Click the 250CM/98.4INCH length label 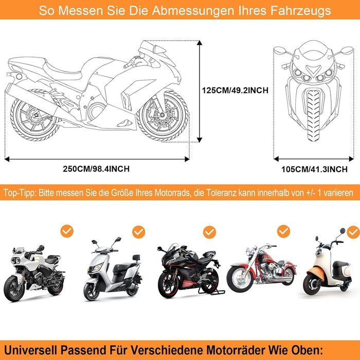tap(97, 169)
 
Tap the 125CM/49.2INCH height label tap(235, 90)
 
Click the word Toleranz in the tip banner tap(223, 193)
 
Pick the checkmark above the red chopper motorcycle tap(283, 230)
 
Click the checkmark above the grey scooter tap(138, 232)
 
